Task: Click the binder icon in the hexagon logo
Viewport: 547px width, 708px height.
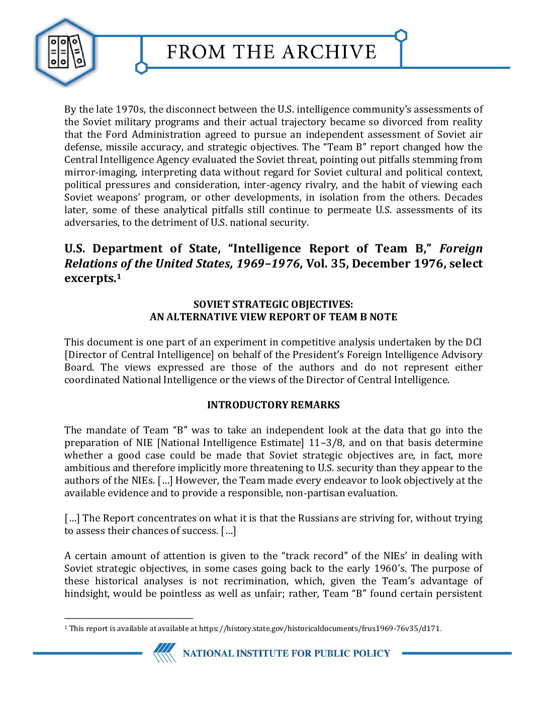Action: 66,52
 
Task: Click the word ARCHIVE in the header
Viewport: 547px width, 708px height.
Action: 329,52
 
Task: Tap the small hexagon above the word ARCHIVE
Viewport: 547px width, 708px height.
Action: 401,36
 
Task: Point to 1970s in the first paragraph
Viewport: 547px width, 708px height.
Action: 130,109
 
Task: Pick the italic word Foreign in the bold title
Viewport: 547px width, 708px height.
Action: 461,248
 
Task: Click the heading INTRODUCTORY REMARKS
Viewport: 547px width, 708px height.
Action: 273,405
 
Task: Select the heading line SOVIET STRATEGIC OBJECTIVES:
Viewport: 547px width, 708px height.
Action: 273,304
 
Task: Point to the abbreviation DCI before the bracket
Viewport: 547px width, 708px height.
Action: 473,342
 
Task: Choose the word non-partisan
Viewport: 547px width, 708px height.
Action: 314,493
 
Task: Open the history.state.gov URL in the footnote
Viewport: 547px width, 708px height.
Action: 320,628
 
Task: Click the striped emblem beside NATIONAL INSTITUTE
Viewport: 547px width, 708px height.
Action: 164,653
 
